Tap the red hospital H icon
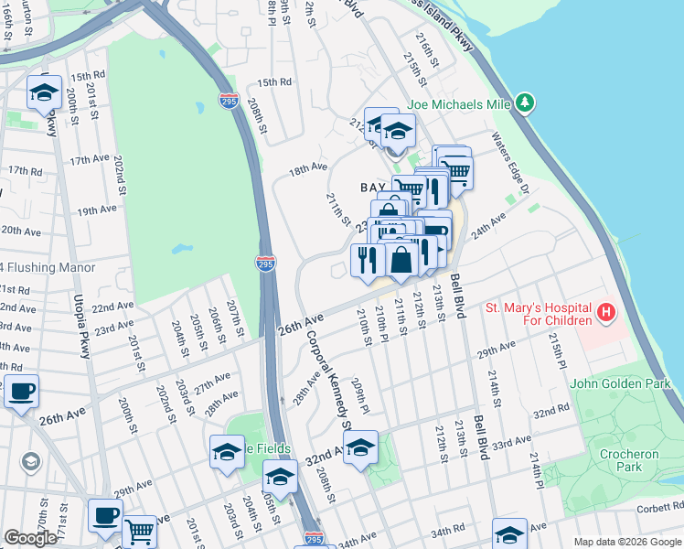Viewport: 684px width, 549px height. point(604,314)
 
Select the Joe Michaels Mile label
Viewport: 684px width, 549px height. point(459,104)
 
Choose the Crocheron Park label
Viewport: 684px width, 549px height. point(629,461)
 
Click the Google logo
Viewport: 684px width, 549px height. point(30,537)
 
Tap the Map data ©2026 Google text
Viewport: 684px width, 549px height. point(626,542)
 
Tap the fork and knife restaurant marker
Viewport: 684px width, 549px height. point(367,261)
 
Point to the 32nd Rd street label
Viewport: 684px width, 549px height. point(551,413)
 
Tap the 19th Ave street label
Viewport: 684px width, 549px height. point(97,210)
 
